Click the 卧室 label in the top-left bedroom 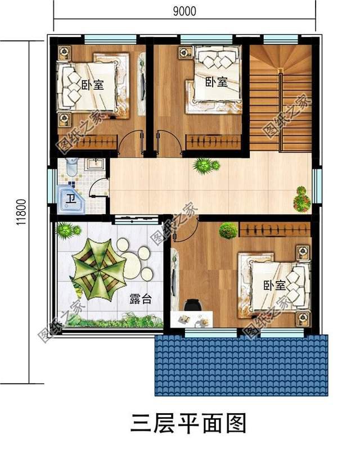[x=92, y=85]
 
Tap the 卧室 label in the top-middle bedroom [x=215, y=82]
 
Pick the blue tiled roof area [x=240, y=365]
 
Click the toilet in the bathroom [x=71, y=166]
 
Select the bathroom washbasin [x=94, y=165]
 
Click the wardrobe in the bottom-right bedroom [x=274, y=230]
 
